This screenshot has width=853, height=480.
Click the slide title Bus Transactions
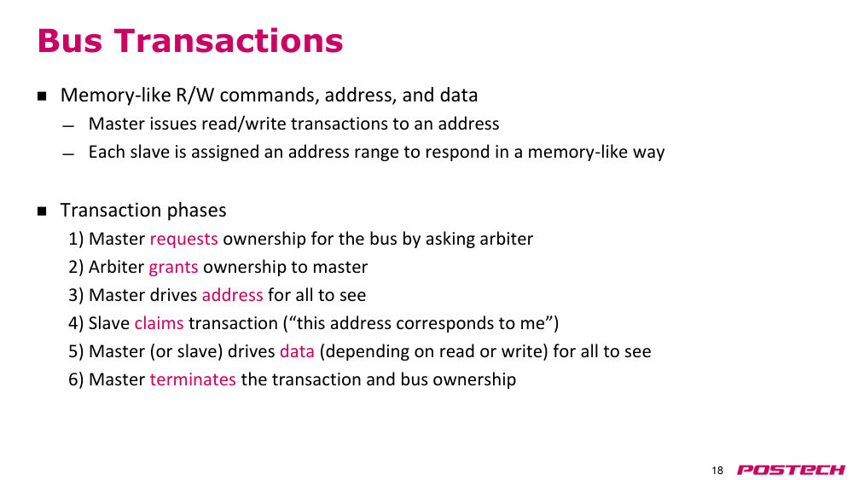(190, 41)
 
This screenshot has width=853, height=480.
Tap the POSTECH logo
(791, 470)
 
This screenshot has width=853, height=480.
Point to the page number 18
(717, 471)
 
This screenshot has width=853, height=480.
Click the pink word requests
(184, 240)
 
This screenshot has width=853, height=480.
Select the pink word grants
(173, 268)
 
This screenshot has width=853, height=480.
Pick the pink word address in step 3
(232, 295)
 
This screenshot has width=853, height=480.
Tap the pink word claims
(159, 323)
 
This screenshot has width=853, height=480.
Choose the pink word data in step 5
(297, 351)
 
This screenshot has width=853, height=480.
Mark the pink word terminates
(193, 379)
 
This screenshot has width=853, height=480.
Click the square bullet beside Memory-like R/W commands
(42, 96)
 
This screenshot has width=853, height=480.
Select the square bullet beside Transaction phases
(42, 211)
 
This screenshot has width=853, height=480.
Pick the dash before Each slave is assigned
(68, 154)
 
